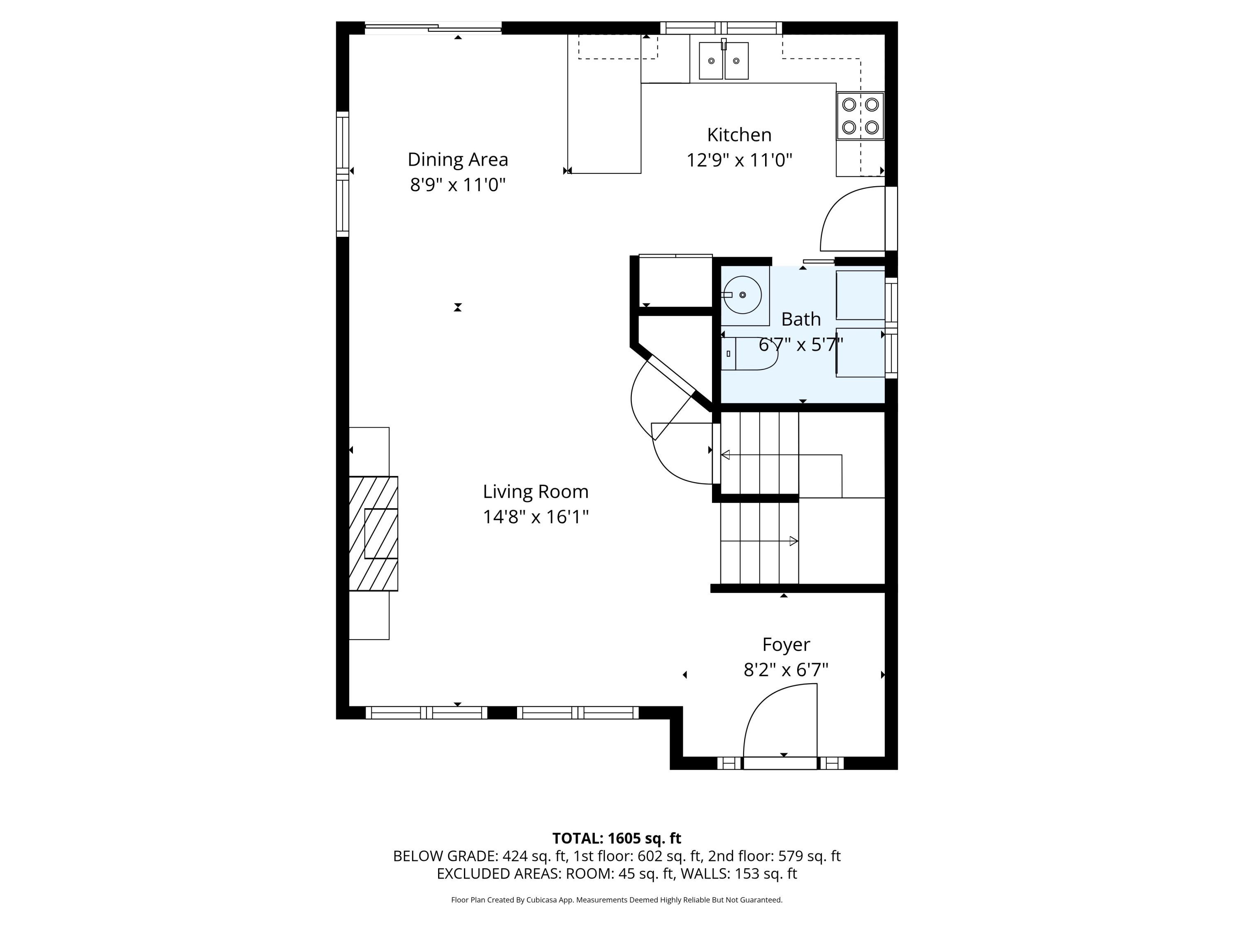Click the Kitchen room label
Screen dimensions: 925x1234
tap(739, 135)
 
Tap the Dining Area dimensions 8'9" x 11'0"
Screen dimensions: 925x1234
tap(457, 185)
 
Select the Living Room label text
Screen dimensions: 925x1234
tap(536, 491)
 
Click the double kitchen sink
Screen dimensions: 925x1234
tap(724, 61)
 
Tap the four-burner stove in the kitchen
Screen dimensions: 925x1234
tap(860, 116)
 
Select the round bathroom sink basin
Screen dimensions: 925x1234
tap(742, 294)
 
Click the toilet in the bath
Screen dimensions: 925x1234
tap(750, 354)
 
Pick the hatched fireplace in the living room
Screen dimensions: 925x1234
tap(373, 533)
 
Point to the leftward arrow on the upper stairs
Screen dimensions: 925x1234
tap(726, 455)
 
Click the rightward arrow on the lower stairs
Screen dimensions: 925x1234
tap(793, 541)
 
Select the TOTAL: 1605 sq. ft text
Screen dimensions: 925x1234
tap(617, 838)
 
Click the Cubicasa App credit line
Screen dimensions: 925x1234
tap(617, 900)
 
